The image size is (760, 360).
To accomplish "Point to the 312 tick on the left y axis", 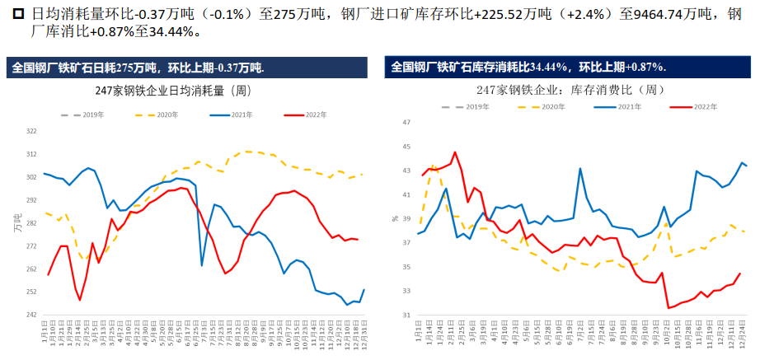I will click(x=31, y=154).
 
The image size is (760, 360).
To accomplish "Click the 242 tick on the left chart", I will click(x=31, y=315).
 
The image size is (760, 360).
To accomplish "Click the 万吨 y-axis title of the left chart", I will click(x=16, y=222).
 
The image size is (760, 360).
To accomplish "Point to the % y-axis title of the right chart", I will click(x=395, y=219).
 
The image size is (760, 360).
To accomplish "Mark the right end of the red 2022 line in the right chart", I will click(x=739, y=274).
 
